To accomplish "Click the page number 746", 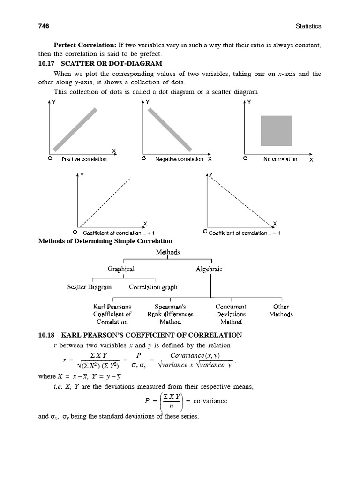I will [x=44, y=26].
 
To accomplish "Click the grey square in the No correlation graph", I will [x=276, y=131].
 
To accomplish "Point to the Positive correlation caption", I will [x=84, y=159].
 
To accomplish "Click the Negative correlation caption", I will [x=179, y=159].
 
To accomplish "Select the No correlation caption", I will [x=280, y=159].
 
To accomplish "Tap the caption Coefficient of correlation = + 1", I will [x=119, y=233].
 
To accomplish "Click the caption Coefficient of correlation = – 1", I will [x=244, y=233].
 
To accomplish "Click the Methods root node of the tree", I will [x=167, y=252].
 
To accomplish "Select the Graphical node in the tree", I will [x=121, y=269].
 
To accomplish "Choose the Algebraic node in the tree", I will [x=209, y=269].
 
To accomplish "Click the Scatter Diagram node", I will [x=90, y=287].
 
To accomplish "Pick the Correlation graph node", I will [x=153, y=287].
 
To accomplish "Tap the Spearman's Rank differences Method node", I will [x=170, y=315].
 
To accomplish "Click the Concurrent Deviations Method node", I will [x=231, y=315].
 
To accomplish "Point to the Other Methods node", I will [x=281, y=311].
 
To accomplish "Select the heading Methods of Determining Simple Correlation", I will [x=105, y=241].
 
